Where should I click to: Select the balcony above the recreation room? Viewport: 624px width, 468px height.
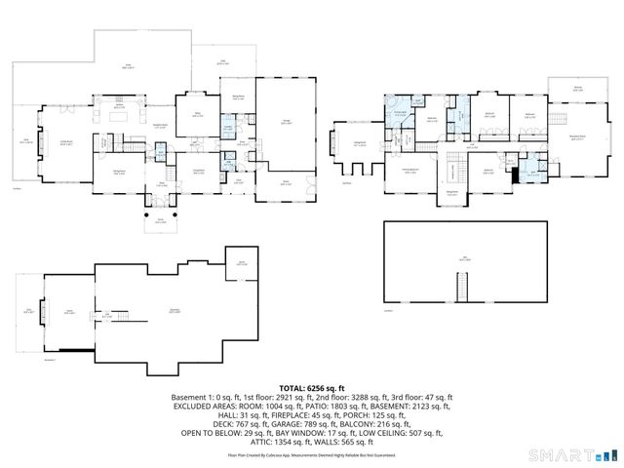pyautogui.click(x=577, y=91)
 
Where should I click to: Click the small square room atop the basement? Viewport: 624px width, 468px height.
pyautogui.click(x=243, y=261)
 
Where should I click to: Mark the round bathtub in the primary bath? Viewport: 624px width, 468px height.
pyautogui.click(x=396, y=107)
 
